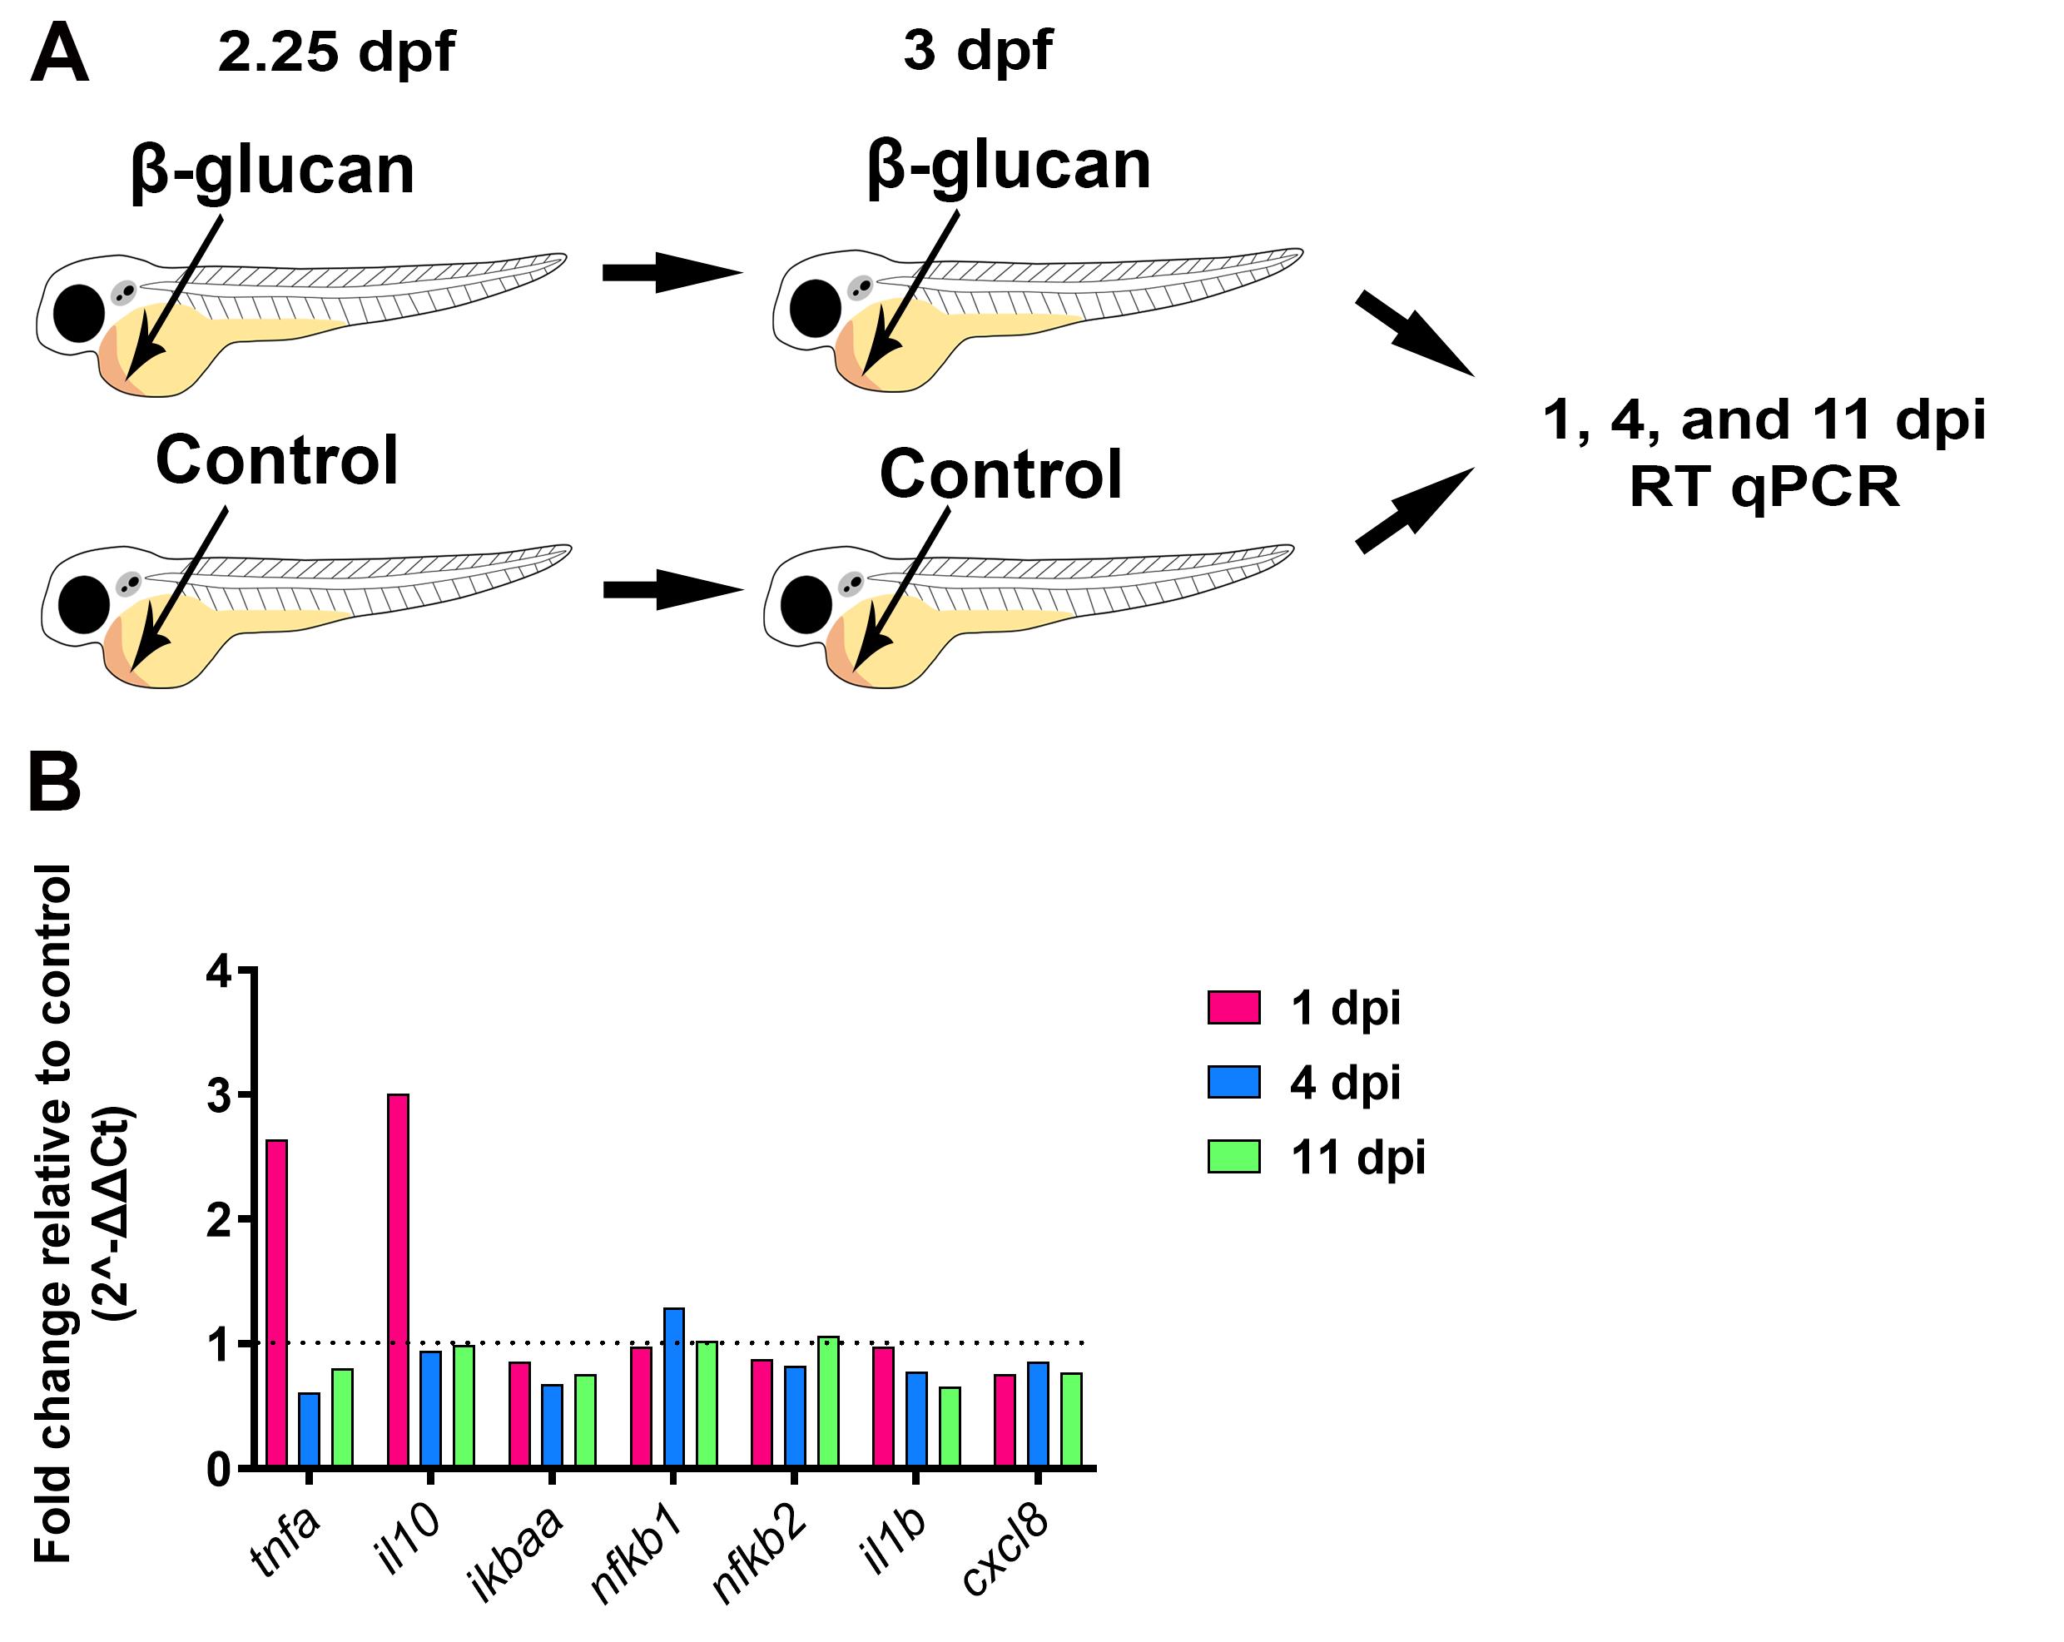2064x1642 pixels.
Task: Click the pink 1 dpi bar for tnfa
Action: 276,1303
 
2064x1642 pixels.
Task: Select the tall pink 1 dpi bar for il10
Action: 399,1280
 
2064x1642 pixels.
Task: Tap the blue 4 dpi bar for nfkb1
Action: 674,1387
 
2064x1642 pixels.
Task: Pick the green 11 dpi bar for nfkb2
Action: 828,1401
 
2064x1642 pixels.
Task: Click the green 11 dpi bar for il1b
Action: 950,1426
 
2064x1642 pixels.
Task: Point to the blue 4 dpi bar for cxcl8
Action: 1038,1414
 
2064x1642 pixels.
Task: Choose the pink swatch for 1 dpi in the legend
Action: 1233,1007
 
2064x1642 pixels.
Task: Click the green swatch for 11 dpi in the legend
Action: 1233,1156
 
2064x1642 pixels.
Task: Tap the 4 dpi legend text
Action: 1345,1082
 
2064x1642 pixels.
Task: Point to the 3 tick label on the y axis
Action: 218,1095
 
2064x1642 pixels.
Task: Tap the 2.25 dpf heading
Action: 336,52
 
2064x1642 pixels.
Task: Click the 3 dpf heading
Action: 977,50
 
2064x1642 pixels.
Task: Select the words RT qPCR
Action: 1764,488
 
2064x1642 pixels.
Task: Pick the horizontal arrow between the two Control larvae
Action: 673,590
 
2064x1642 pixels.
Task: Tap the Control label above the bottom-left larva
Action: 276,460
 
